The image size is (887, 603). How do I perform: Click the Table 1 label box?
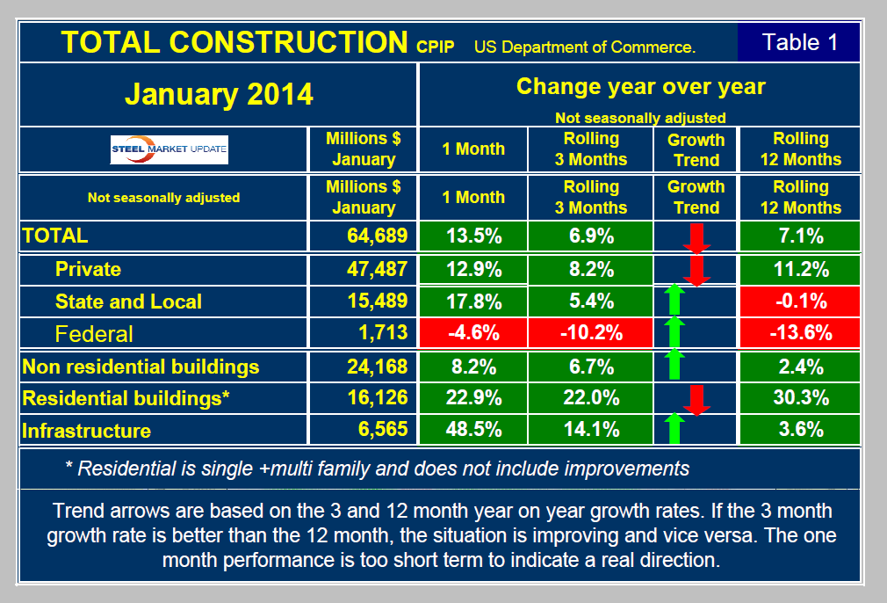tap(799, 42)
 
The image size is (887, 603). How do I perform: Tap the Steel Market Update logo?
tap(169, 149)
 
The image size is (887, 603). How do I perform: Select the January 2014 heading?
tap(219, 94)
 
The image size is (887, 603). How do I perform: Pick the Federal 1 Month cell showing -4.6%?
tap(474, 334)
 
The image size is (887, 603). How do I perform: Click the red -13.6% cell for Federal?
tap(799, 334)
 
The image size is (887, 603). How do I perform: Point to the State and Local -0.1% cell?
tap(799, 301)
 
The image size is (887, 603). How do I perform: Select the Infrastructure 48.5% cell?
tap(474, 430)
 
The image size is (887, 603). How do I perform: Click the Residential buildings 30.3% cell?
tap(799, 397)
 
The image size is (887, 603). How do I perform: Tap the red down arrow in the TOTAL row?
tap(697, 237)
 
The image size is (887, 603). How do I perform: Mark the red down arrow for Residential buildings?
tap(697, 397)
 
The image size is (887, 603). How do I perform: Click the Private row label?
tap(88, 268)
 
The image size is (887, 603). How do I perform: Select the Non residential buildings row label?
tap(141, 366)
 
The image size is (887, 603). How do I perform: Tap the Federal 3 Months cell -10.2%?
tap(591, 334)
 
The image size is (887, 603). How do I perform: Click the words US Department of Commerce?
tap(585, 47)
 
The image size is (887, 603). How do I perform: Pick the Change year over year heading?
tap(640, 87)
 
